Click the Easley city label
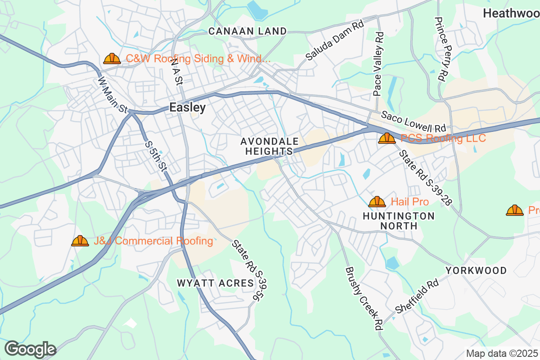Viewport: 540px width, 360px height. click(188, 108)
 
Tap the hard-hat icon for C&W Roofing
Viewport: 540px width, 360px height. click(112, 58)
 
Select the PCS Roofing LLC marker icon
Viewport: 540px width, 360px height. click(387, 138)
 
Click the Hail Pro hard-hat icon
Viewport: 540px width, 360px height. click(377, 202)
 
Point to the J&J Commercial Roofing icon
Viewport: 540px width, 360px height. click(80, 241)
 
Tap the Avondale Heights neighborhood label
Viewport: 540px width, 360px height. click(269, 147)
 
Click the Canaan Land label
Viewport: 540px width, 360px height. click(247, 31)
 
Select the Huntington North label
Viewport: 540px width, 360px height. click(399, 221)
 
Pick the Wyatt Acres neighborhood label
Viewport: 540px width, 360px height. click(215, 283)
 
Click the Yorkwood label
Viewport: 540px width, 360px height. click(476, 271)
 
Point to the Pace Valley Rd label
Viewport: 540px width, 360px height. click(378, 63)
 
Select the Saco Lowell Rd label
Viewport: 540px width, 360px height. click(413, 122)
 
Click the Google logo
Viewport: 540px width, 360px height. click(30, 349)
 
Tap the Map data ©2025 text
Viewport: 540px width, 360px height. click(502, 353)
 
